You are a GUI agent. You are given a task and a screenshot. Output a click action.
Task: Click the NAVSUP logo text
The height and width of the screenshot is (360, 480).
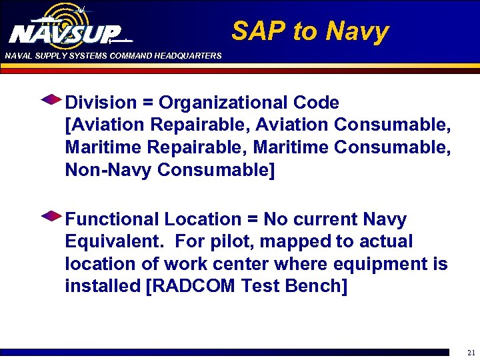[65, 33]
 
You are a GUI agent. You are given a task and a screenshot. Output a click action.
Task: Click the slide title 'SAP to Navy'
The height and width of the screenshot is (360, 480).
[310, 31]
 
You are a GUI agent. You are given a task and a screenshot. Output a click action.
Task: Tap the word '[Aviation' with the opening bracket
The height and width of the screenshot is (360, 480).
[104, 125]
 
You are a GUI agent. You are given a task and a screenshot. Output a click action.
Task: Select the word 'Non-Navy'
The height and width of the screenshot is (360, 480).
[108, 171]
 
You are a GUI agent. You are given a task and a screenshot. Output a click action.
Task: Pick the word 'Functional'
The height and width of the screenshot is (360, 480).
[112, 219]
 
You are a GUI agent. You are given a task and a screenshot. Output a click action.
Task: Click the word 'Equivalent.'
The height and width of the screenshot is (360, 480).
[113, 241]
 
